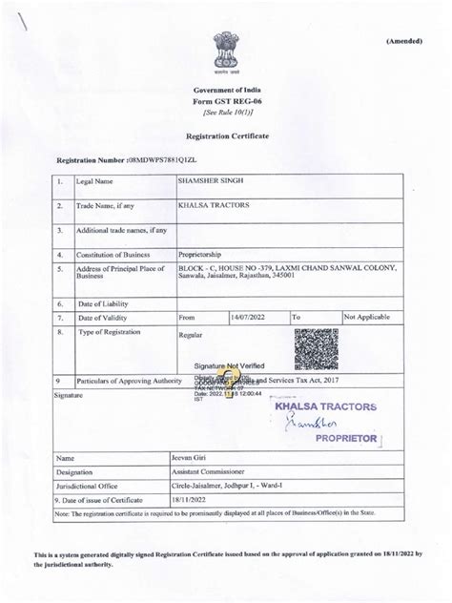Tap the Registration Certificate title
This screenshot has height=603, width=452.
[226, 137]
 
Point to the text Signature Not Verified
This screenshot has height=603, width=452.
[230, 365]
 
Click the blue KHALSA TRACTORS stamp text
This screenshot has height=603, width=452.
[325, 407]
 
